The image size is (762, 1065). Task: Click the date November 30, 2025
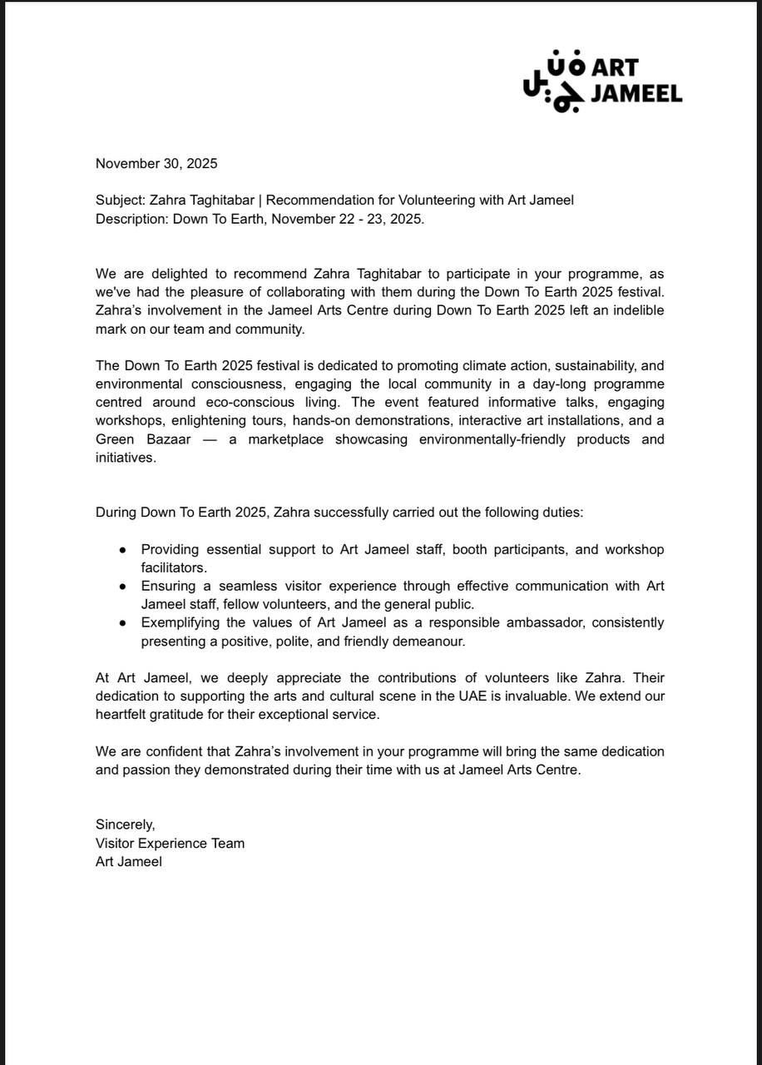pos(156,164)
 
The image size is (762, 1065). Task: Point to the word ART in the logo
pos(615,68)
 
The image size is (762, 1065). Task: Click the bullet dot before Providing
pos(123,550)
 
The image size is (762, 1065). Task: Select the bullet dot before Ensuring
pos(123,587)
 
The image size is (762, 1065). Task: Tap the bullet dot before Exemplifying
pos(123,623)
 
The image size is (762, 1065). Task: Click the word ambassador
pos(529,623)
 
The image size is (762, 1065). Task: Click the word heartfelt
pos(123,715)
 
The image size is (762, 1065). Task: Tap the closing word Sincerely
pos(125,825)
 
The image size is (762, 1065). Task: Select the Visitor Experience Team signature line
pos(170,843)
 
